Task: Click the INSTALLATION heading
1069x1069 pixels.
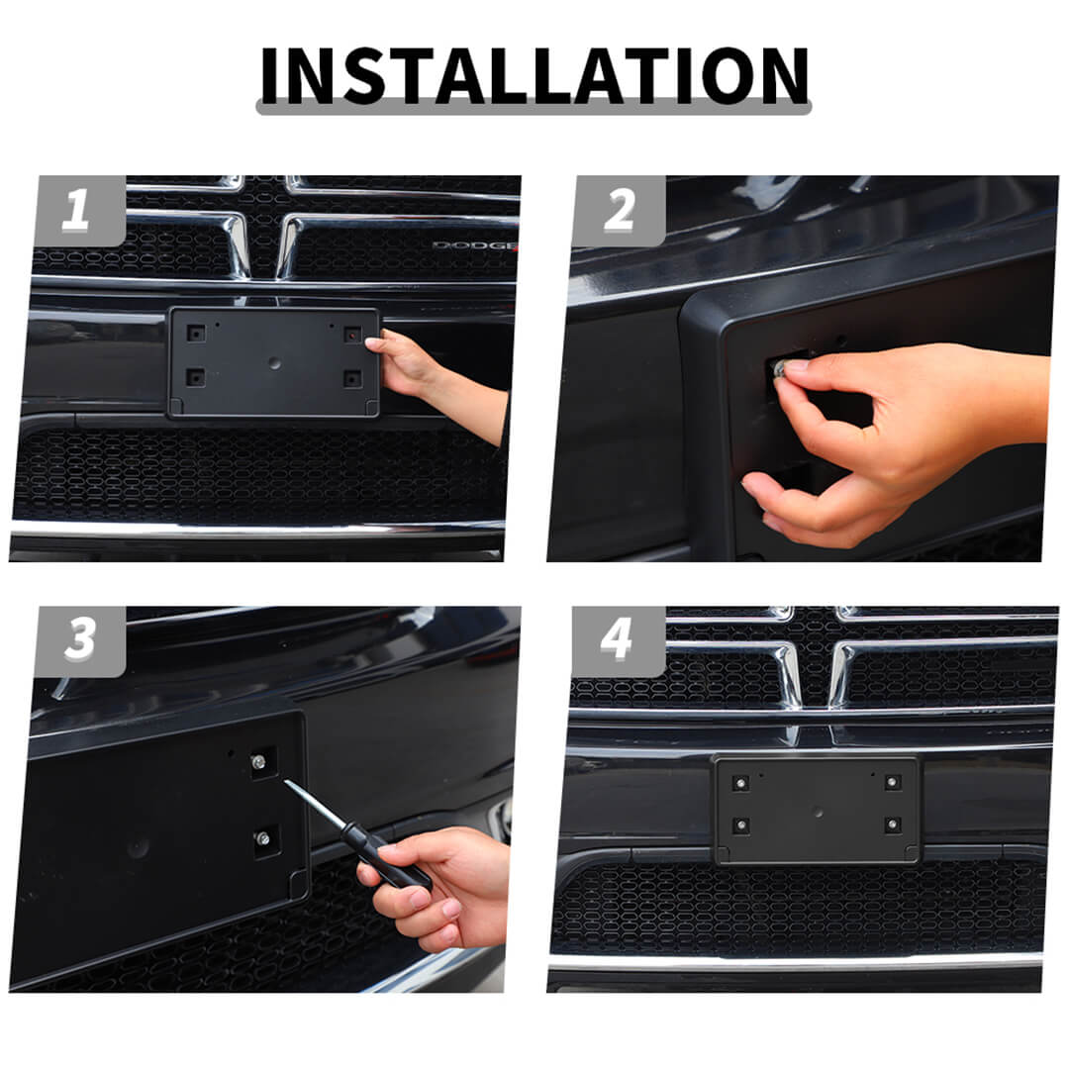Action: pyautogui.click(x=534, y=76)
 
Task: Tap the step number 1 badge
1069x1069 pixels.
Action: pyautogui.click(x=80, y=211)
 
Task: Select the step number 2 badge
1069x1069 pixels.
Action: pyautogui.click(x=619, y=211)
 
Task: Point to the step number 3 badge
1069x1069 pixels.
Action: pyautogui.click(x=80, y=640)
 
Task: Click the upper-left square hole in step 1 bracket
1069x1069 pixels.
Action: pyautogui.click(x=196, y=335)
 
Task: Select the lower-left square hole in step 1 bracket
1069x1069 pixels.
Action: pyautogui.click(x=196, y=377)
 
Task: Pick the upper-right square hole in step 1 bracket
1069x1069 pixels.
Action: pyautogui.click(x=352, y=335)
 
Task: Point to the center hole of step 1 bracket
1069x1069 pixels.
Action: pyautogui.click(x=275, y=363)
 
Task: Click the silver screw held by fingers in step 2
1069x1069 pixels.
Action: pyautogui.click(x=778, y=368)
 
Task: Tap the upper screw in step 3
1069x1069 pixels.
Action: pyautogui.click(x=258, y=761)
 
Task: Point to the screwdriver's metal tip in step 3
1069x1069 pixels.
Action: pyautogui.click(x=286, y=782)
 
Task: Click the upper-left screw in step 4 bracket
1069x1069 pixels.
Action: pyautogui.click(x=740, y=783)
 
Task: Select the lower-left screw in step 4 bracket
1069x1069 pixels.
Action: pyautogui.click(x=741, y=826)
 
